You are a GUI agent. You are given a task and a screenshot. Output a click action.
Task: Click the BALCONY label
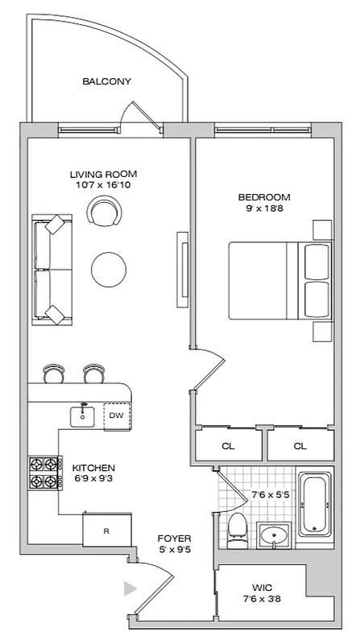[x=106, y=81]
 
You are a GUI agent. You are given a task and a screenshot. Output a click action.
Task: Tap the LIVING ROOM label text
[x=103, y=174]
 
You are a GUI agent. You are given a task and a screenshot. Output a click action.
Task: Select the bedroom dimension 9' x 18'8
[x=264, y=209]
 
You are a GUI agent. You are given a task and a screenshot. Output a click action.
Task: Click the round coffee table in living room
[x=108, y=266]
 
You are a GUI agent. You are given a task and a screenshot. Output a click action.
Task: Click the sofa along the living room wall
[x=49, y=270]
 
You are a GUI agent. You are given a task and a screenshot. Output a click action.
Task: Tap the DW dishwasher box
[x=116, y=415]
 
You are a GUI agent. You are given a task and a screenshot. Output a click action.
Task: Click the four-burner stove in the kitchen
[x=46, y=474]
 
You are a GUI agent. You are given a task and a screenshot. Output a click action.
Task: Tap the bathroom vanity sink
[x=276, y=535]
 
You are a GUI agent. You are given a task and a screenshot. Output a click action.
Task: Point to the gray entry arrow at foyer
[x=129, y=588]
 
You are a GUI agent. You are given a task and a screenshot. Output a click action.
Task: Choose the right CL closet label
[x=300, y=445]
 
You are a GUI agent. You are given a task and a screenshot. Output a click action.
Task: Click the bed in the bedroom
[x=279, y=280]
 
